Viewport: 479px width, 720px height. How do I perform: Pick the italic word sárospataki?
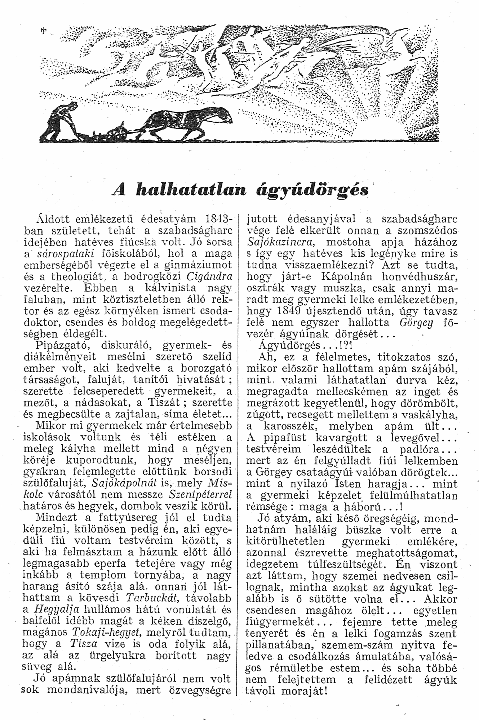[61, 254]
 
